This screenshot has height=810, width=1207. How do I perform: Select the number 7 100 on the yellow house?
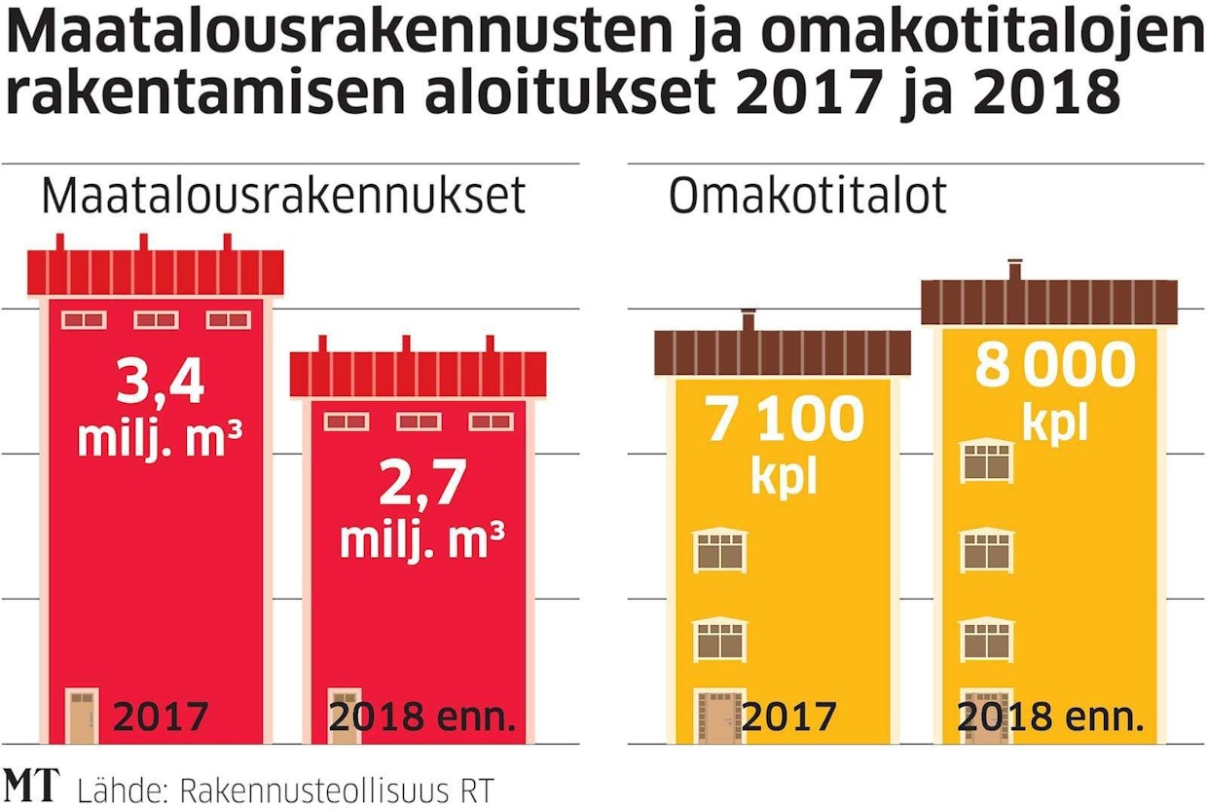pyautogui.click(x=784, y=420)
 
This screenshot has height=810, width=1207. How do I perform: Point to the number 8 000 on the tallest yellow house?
pyautogui.click(x=1055, y=367)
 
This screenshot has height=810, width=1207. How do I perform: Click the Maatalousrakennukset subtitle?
pyautogui.click(x=283, y=196)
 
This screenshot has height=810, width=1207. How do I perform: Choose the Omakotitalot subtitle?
pyautogui.click(x=807, y=196)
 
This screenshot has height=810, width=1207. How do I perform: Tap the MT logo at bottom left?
pyautogui.click(x=31, y=785)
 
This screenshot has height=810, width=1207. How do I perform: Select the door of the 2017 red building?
pyautogui.click(x=83, y=716)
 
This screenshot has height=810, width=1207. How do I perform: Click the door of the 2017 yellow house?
pyautogui.click(x=717, y=718)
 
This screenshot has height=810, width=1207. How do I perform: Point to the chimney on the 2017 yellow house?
pyautogui.click(x=749, y=320)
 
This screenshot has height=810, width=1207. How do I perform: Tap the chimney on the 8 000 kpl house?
pyautogui.click(x=1015, y=269)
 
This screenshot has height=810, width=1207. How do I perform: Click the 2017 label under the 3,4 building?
pyautogui.click(x=161, y=718)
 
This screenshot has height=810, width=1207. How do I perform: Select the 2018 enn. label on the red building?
pyautogui.click(x=421, y=718)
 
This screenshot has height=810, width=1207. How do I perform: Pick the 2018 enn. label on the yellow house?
pyautogui.click(x=1049, y=718)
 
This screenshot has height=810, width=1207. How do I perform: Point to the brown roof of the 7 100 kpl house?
pyautogui.click(x=783, y=351)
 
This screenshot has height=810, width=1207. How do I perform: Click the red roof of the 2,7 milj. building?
pyautogui.click(x=419, y=374)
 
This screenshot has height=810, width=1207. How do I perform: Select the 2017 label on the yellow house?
pyautogui.click(x=788, y=718)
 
